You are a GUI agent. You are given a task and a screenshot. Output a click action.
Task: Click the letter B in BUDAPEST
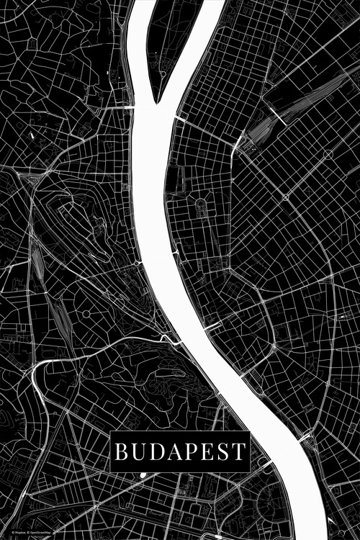[121, 452]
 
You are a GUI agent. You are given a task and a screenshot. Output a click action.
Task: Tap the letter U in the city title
[138, 452]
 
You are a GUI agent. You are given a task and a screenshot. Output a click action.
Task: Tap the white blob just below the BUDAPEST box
[143, 474]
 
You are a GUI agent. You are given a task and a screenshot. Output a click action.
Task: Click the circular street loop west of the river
[86, 314]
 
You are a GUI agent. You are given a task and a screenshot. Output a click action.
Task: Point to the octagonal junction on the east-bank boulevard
[286, 196]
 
